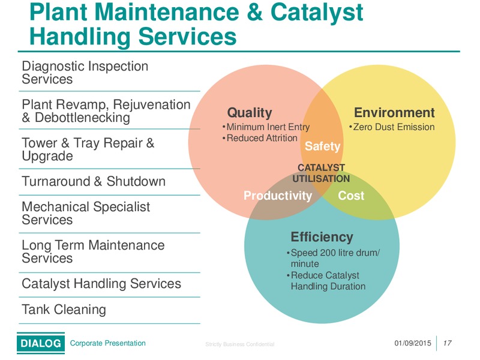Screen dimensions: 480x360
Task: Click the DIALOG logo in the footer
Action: pyautogui.click(x=41, y=343)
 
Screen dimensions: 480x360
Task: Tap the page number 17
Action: pyautogui.click(x=447, y=343)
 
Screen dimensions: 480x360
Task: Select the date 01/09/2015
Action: pyautogui.click(x=413, y=343)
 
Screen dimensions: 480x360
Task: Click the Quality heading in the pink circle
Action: pyautogui.click(x=250, y=113)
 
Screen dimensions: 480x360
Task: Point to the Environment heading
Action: pyautogui.click(x=394, y=113)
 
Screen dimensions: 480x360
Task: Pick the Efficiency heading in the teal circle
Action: pyautogui.click(x=322, y=237)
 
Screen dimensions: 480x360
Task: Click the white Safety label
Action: pyautogui.click(x=322, y=146)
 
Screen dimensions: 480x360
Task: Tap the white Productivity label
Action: pyautogui.click(x=278, y=196)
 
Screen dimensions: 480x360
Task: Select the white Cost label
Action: pyautogui.click(x=351, y=196)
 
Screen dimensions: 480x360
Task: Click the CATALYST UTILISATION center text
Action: pyautogui.click(x=321, y=173)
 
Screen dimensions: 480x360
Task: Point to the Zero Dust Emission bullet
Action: pyautogui.click(x=392, y=127)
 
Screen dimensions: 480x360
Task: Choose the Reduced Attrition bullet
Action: pyautogui.click(x=260, y=138)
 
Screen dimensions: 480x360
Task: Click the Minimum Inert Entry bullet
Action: pyautogui.click(x=266, y=127)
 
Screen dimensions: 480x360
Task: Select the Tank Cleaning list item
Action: pyautogui.click(x=64, y=310)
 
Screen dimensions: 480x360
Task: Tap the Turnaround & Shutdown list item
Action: pyautogui.click(x=94, y=181)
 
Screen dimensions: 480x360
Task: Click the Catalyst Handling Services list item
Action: pyautogui.click(x=101, y=284)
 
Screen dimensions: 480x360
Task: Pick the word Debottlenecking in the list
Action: pyautogui.click(x=82, y=118)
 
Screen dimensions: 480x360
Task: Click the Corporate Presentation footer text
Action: pyautogui.click(x=108, y=343)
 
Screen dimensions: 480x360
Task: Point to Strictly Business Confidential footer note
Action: pyautogui.click(x=239, y=344)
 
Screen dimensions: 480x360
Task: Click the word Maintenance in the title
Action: pyautogui.click(x=167, y=12)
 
